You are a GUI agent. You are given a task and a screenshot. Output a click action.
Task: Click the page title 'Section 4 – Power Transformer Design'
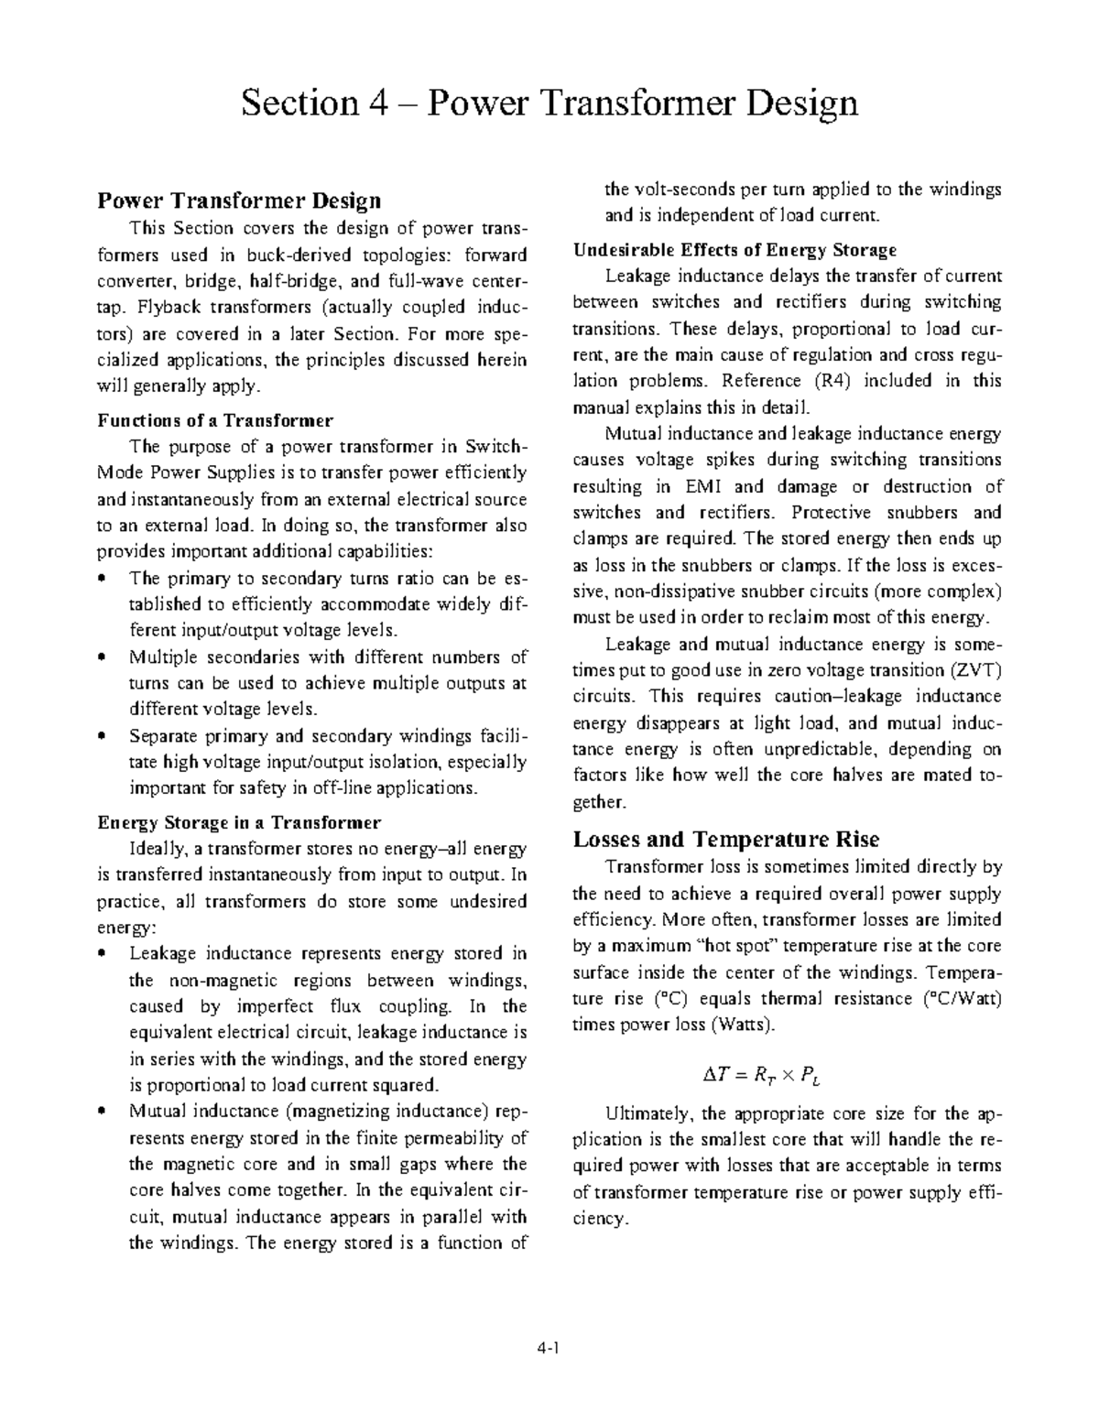[549, 103]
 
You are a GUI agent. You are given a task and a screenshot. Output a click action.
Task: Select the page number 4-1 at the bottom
[549, 1349]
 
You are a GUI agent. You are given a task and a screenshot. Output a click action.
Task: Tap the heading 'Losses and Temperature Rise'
[725, 839]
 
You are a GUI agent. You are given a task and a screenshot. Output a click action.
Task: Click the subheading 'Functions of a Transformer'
[215, 420]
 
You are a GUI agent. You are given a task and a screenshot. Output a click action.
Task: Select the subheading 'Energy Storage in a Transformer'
[239, 821]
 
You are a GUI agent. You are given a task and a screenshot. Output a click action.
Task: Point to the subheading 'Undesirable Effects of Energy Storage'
[734, 250]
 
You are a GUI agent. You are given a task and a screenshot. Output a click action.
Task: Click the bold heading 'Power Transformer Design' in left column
[239, 200]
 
